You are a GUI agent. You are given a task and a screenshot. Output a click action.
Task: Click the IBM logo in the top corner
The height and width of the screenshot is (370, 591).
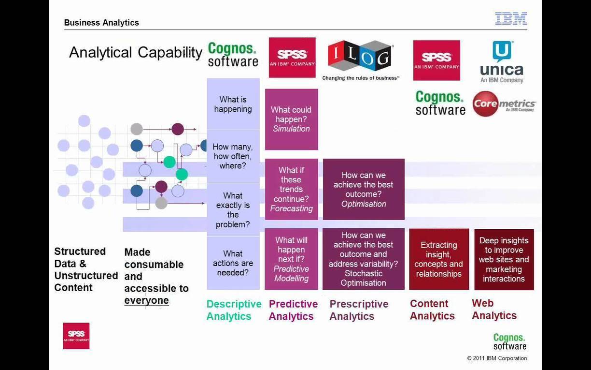pyautogui.click(x=511, y=18)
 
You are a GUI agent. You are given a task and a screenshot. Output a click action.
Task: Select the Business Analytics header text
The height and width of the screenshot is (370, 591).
pyautogui.click(x=101, y=22)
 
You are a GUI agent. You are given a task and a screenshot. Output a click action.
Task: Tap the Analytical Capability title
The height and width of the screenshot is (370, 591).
pyautogui.click(x=136, y=52)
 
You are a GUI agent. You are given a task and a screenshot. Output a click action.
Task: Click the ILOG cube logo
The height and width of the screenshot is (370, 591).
pyautogui.click(x=360, y=57)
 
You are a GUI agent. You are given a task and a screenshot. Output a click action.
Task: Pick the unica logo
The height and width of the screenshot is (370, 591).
pyautogui.click(x=502, y=62)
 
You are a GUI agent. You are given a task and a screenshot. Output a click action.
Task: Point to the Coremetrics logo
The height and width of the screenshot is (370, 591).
pyautogui.click(x=504, y=104)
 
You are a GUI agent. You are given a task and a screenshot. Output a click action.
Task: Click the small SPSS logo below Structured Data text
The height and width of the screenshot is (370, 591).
pyautogui.click(x=76, y=336)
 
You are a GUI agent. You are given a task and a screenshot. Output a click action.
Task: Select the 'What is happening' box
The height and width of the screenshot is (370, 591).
pyautogui.click(x=233, y=104)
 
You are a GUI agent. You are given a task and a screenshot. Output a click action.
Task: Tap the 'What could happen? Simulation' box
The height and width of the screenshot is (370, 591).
pyautogui.click(x=292, y=119)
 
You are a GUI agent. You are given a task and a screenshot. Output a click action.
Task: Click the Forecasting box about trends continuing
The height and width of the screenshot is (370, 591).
pyautogui.click(x=292, y=189)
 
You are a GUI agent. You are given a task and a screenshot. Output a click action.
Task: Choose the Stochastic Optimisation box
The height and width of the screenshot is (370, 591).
pyautogui.click(x=364, y=259)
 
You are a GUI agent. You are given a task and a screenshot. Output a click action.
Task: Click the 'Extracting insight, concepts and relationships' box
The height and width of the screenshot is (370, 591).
pyautogui.click(x=439, y=259)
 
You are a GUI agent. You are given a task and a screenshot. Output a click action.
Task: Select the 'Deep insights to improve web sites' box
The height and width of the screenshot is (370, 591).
pyautogui.click(x=504, y=259)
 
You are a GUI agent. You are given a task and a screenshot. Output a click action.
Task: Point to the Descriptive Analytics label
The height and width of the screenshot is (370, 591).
pyautogui.click(x=234, y=310)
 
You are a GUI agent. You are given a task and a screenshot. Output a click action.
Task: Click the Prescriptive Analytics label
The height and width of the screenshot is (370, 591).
pyautogui.click(x=359, y=310)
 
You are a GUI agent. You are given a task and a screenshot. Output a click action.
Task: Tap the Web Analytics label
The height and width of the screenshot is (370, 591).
pyautogui.click(x=494, y=309)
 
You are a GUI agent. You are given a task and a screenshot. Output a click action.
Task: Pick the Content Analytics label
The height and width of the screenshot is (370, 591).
pyautogui.click(x=432, y=310)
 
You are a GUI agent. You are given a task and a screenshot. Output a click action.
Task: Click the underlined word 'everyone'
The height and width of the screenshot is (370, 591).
pyautogui.click(x=146, y=300)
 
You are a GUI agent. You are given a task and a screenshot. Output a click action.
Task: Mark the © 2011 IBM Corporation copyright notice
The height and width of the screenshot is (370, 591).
pyautogui.click(x=497, y=358)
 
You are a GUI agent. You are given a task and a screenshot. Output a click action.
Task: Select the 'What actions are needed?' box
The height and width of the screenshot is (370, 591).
pyautogui.click(x=233, y=263)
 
